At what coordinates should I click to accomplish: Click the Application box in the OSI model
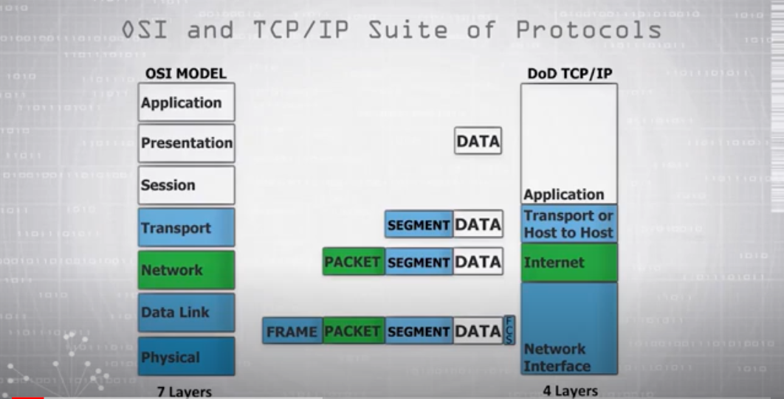click(x=186, y=103)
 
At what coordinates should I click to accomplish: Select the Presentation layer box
click(x=186, y=143)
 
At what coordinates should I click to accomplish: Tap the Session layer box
click(x=186, y=185)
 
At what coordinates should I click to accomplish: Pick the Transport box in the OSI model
click(x=186, y=228)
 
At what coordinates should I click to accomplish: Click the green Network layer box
click(x=186, y=270)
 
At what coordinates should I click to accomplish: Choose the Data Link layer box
click(x=186, y=313)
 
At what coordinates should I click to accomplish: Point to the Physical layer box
click(x=186, y=357)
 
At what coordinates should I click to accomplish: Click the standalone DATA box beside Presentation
click(x=478, y=141)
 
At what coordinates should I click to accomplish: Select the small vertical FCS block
click(x=509, y=330)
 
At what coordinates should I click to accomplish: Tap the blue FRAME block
click(x=292, y=331)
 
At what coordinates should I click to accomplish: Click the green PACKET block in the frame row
click(x=353, y=331)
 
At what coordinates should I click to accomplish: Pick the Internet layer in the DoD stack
click(x=568, y=263)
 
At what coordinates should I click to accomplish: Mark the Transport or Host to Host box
click(x=568, y=224)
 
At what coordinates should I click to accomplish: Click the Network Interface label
click(x=557, y=358)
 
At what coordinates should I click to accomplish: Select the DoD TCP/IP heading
click(x=569, y=74)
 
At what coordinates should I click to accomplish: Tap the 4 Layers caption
click(x=568, y=391)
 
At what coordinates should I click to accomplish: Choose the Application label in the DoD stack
click(x=564, y=195)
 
